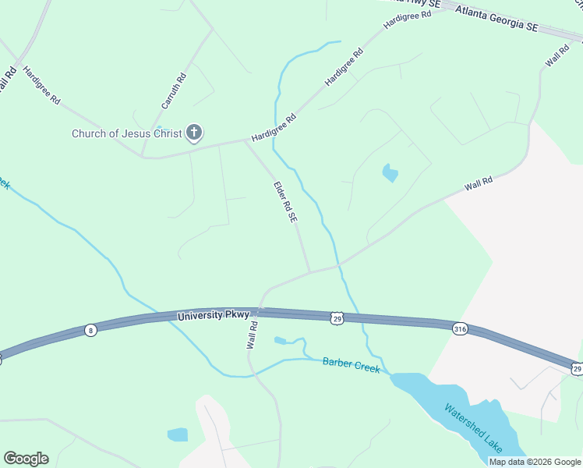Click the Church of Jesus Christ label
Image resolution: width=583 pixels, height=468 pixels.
pyautogui.click(x=127, y=133)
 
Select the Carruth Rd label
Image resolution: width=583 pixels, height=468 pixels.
pyautogui.click(x=174, y=90)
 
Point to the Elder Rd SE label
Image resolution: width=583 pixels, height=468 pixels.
pyautogui.click(x=285, y=203)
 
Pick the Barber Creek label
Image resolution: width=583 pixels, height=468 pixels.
pyautogui.click(x=352, y=364)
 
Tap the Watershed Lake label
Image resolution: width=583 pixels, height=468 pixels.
pyautogui.click(x=474, y=428)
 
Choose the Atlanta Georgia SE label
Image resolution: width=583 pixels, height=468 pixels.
pyautogui.click(x=497, y=19)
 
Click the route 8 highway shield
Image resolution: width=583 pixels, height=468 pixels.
pyautogui.click(x=91, y=330)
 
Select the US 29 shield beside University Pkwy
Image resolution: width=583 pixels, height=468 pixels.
pyautogui.click(x=337, y=318)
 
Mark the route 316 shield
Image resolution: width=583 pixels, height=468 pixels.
pyautogui.click(x=460, y=329)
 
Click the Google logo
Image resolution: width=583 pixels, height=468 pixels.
pyautogui.click(x=26, y=459)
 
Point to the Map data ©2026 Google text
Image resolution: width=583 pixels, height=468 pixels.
pyautogui.click(x=535, y=462)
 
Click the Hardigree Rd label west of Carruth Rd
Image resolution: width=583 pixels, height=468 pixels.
pyautogui.click(x=41, y=85)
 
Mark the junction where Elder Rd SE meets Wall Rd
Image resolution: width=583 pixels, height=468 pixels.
pyautogui.click(x=310, y=272)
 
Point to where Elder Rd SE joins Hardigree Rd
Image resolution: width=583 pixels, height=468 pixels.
pyautogui.click(x=246, y=141)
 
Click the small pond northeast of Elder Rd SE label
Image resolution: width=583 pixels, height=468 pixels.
pyautogui.click(x=390, y=172)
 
